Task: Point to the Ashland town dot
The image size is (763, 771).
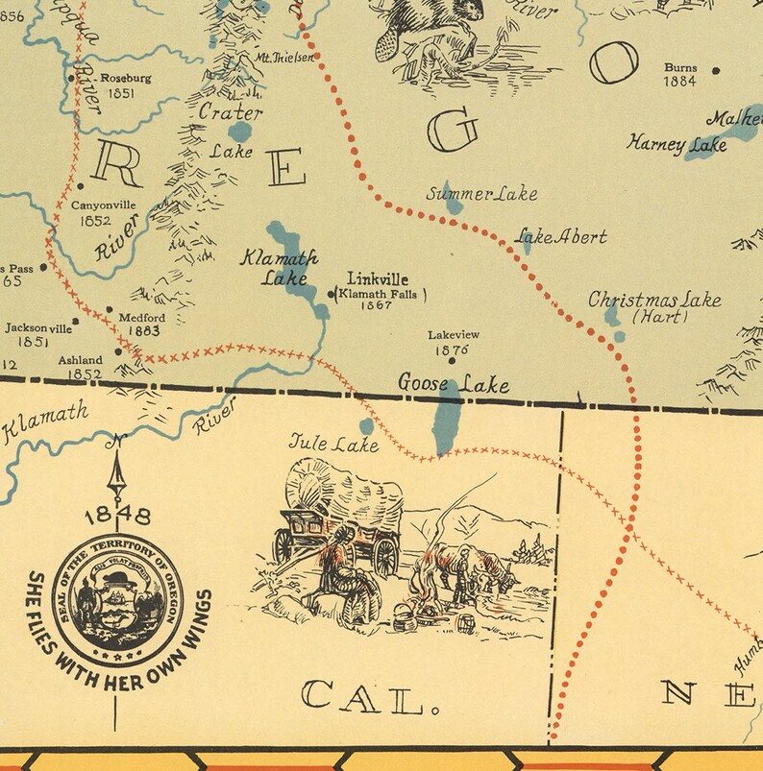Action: [119, 351]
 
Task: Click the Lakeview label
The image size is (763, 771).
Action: [453, 335]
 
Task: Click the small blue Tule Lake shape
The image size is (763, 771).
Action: [366, 425]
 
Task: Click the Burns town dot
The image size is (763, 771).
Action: [716, 69]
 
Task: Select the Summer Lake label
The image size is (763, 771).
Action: [481, 194]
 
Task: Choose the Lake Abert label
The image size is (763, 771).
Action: [562, 236]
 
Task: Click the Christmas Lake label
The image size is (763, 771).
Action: [654, 300]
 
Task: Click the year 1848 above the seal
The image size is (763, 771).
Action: [118, 517]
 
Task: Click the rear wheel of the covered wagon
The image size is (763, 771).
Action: [385, 555]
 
